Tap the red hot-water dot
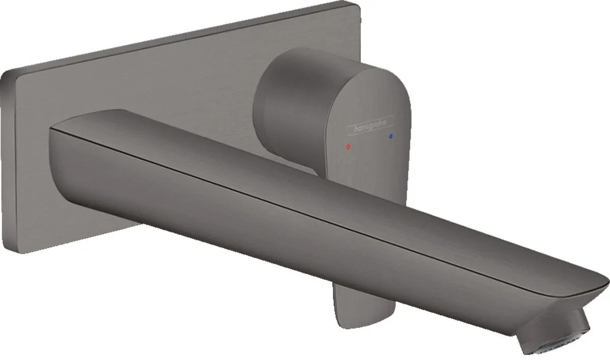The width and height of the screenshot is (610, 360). [347, 146]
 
